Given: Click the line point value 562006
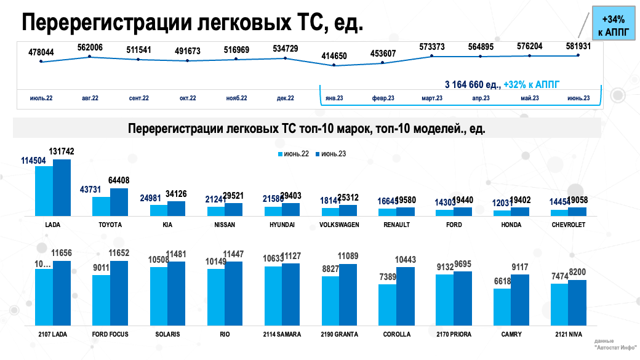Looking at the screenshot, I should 90,47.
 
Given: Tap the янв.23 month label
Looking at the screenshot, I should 334,98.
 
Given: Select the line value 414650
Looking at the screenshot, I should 334,56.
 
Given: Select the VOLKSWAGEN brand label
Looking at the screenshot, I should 339,225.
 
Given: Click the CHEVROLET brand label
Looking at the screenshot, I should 568,225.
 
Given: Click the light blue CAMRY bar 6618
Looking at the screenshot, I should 502,305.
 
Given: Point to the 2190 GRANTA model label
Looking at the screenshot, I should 339,334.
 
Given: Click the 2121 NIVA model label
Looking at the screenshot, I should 568,334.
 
